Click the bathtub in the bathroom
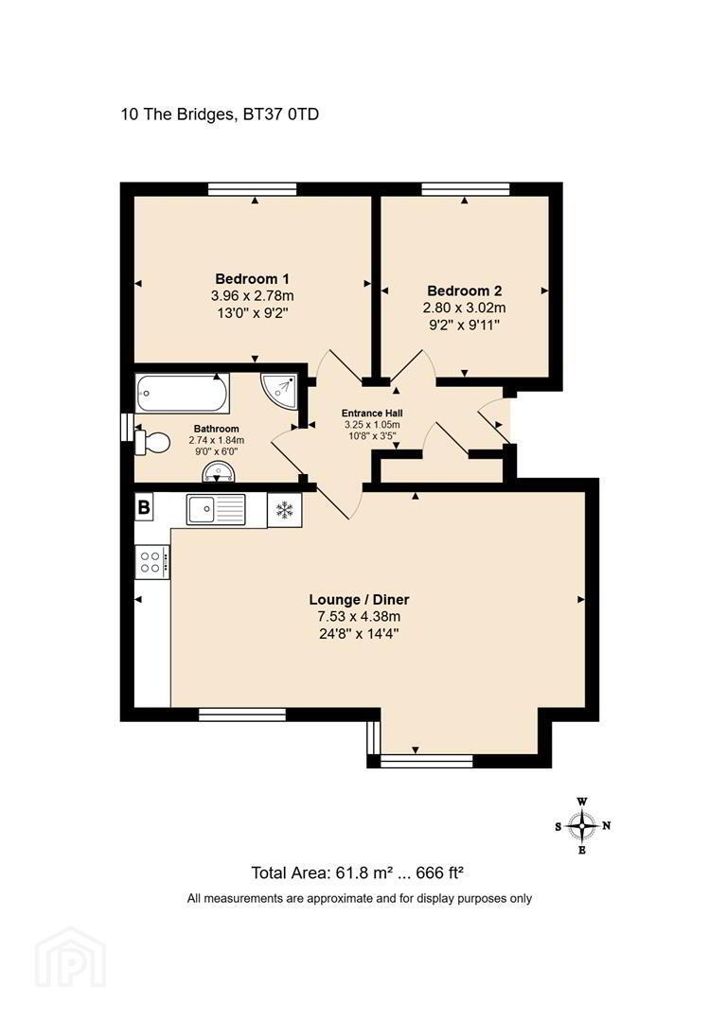[182, 393]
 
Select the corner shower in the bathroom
[279, 391]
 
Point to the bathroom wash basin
[218, 472]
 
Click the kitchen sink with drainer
[216, 509]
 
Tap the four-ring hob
[152, 562]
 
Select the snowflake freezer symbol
[285, 510]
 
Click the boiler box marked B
[144, 506]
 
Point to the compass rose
[582, 826]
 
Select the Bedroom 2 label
[465, 291]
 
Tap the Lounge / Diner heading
[359, 600]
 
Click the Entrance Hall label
[372, 414]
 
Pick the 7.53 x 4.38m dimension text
[359, 617]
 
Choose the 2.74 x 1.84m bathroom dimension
[217, 440]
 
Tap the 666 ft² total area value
[439, 872]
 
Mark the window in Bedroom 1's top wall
[253, 189]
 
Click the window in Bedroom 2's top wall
[465, 189]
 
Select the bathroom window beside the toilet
[127, 428]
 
